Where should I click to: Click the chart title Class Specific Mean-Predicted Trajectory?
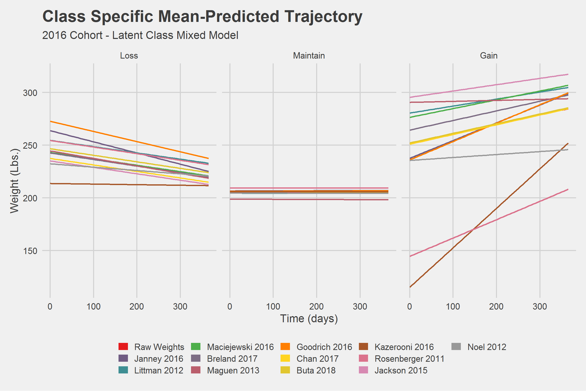pyautogui.click(x=202, y=17)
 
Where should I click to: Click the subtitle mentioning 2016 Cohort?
pyautogui.click(x=140, y=35)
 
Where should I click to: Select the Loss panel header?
pyautogui.click(x=129, y=55)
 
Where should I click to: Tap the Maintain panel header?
pyautogui.click(x=309, y=55)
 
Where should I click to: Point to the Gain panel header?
pyautogui.click(x=489, y=55)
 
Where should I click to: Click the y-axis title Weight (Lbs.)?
pyautogui.click(x=14, y=181)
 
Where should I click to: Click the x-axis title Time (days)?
pyautogui.click(x=309, y=318)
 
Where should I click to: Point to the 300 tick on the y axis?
pyautogui.click(x=30, y=93)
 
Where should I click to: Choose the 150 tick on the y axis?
pyautogui.click(x=30, y=251)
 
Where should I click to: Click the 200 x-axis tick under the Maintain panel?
pyautogui.click(x=316, y=306)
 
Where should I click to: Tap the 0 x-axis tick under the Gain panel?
pyautogui.click(x=409, y=306)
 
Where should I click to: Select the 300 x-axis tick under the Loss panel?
pyautogui.click(x=180, y=306)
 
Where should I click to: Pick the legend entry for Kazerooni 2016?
pyautogui.click(x=404, y=347)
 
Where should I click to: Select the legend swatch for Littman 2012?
pyautogui.click(x=123, y=370)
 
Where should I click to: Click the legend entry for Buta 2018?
pyautogui.click(x=316, y=370)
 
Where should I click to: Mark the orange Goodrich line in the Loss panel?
pyautogui.click(x=127, y=138)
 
